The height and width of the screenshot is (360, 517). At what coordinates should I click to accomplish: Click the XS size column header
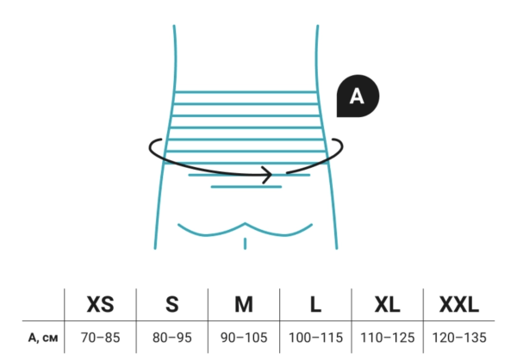100,304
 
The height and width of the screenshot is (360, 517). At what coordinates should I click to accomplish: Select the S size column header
172,304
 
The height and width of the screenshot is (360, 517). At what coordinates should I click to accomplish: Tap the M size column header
244,304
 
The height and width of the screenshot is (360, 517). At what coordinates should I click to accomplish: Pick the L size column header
315,304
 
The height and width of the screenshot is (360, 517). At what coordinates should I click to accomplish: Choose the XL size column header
388,304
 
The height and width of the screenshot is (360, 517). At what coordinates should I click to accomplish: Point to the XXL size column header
459,304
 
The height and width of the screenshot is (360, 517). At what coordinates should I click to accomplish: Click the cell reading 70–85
100,338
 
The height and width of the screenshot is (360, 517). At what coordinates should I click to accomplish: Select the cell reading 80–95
172,338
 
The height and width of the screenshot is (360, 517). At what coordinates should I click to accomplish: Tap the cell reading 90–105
244,338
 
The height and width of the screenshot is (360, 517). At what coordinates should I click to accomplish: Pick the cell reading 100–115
315,338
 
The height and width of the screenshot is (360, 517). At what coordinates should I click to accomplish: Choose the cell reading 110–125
388,338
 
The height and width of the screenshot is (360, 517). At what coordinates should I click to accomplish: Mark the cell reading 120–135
459,338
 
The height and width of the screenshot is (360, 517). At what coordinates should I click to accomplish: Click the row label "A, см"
43,338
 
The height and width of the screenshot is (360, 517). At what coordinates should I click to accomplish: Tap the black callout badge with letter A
358,96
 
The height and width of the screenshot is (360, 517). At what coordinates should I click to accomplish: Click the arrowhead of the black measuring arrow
271,175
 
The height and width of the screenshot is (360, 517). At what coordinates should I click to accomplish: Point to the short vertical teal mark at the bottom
245,243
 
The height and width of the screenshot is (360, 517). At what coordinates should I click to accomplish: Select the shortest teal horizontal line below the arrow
246,187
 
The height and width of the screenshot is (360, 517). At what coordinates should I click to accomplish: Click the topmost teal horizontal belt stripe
246,92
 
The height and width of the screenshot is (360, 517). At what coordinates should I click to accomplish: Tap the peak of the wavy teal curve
245,224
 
